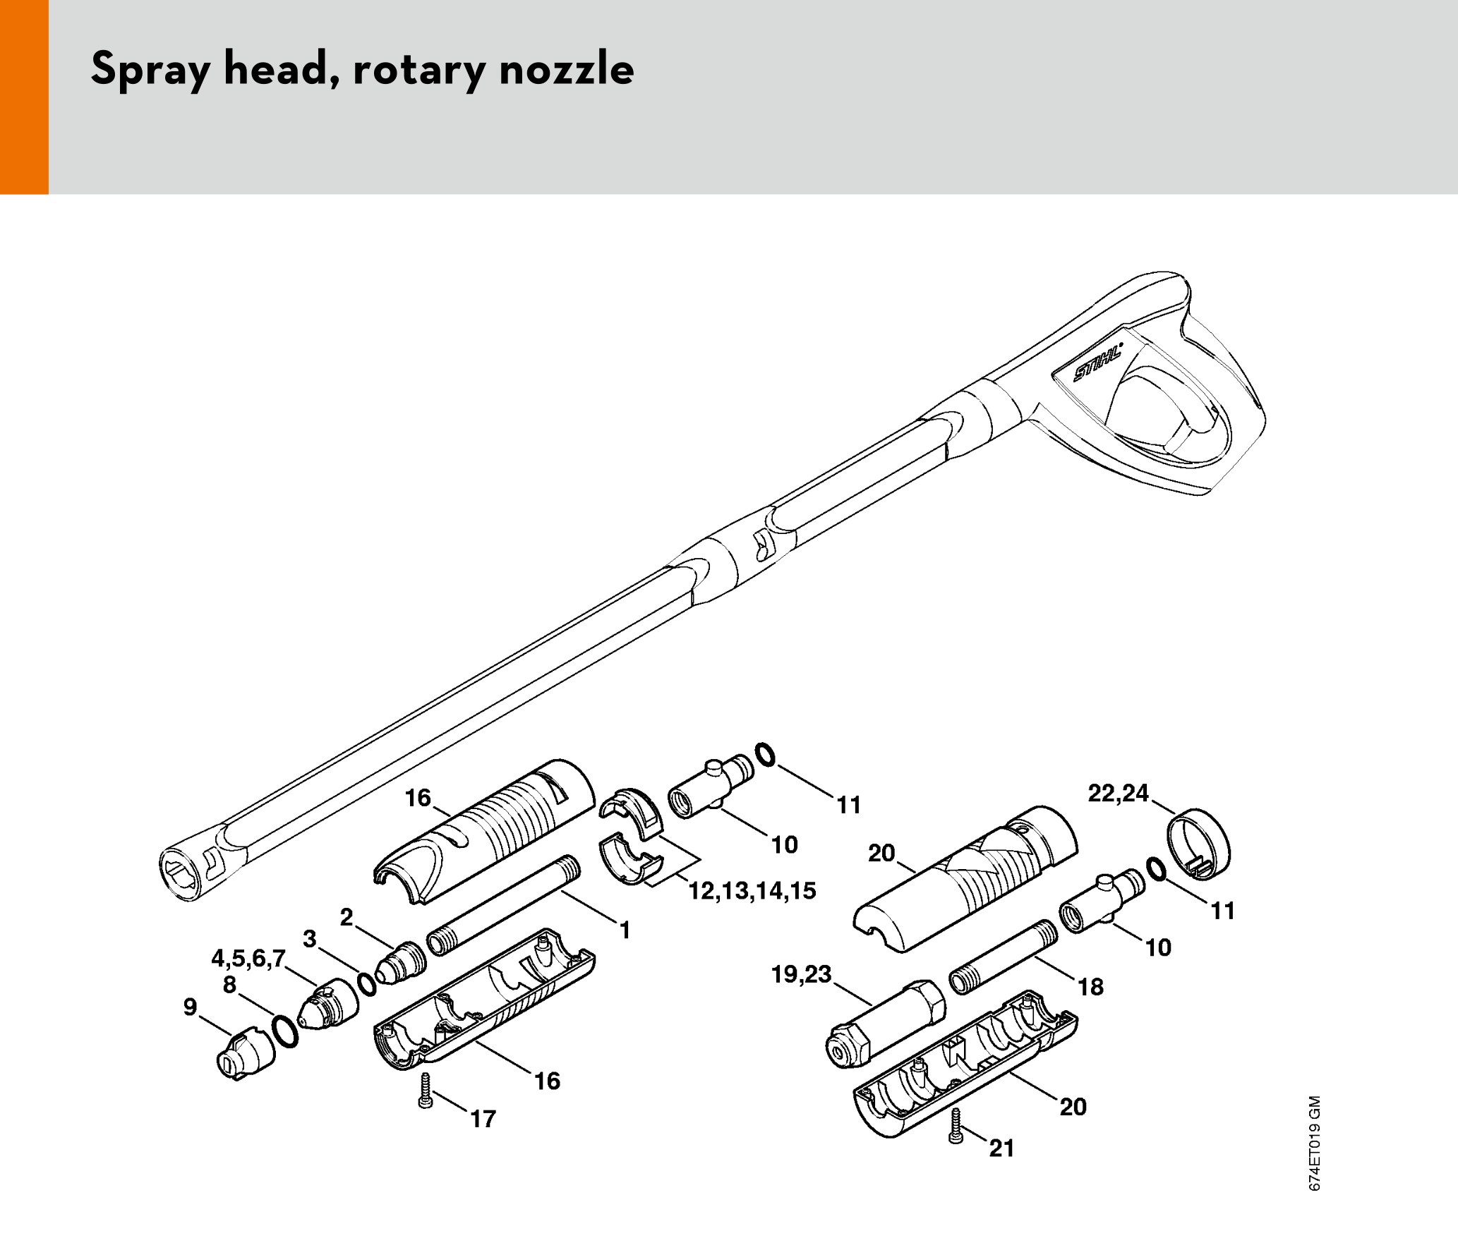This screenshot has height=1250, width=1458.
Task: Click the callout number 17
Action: (483, 1119)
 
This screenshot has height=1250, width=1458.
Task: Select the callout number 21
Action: (1002, 1148)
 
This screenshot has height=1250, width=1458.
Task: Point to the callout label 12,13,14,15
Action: (752, 891)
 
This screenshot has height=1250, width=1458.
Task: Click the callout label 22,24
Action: (1119, 793)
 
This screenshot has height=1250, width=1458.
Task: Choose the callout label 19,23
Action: (802, 974)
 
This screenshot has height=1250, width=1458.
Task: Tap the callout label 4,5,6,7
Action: (248, 958)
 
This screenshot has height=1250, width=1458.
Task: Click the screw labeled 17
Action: (425, 1090)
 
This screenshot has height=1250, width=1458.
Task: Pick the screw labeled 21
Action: (956, 1126)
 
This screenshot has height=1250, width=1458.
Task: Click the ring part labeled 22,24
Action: (1198, 844)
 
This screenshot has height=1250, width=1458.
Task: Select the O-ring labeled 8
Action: (285, 1032)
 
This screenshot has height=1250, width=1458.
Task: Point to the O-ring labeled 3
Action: (367, 984)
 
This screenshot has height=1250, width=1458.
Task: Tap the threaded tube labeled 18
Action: (1004, 957)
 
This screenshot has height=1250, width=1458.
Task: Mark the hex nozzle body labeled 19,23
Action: (885, 1023)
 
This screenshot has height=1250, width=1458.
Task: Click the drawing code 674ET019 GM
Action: (1314, 1143)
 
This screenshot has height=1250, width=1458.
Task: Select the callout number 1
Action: (625, 930)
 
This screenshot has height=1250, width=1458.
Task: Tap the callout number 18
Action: (1091, 987)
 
